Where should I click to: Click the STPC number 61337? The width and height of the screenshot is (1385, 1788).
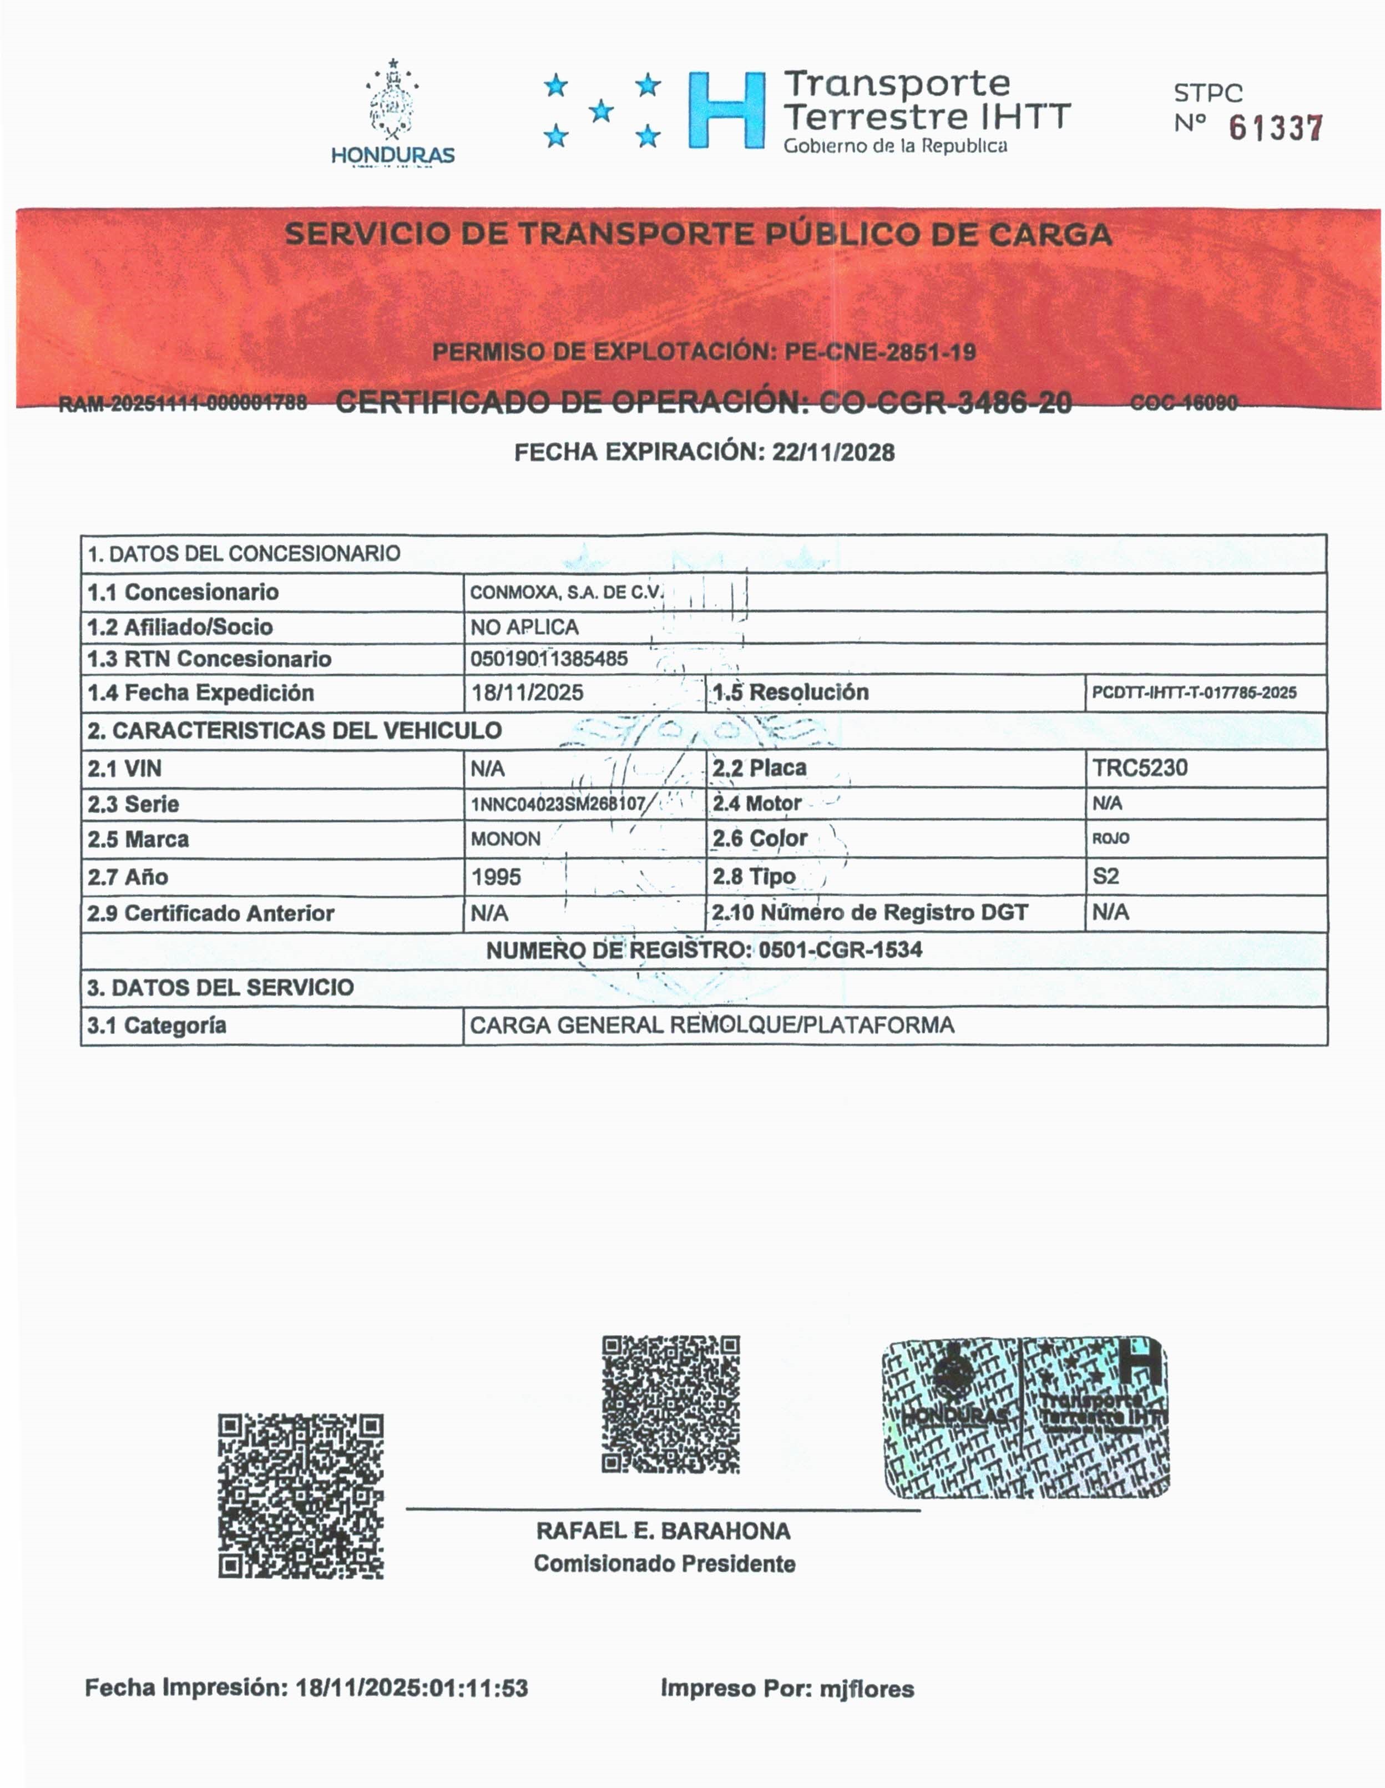point(1275,129)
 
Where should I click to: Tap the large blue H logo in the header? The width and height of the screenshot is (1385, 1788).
point(726,110)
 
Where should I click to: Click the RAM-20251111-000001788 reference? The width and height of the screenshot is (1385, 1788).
point(183,403)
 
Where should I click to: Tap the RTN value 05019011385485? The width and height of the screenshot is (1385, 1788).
point(548,659)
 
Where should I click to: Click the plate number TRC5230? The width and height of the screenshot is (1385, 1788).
point(1139,768)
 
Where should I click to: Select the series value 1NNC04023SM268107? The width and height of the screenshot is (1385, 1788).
point(558,804)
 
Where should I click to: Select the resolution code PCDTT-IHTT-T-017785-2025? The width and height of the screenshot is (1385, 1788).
point(1194,693)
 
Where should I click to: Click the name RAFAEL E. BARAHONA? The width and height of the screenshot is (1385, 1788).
point(663,1531)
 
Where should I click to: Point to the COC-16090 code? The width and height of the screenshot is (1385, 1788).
point(1183,403)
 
